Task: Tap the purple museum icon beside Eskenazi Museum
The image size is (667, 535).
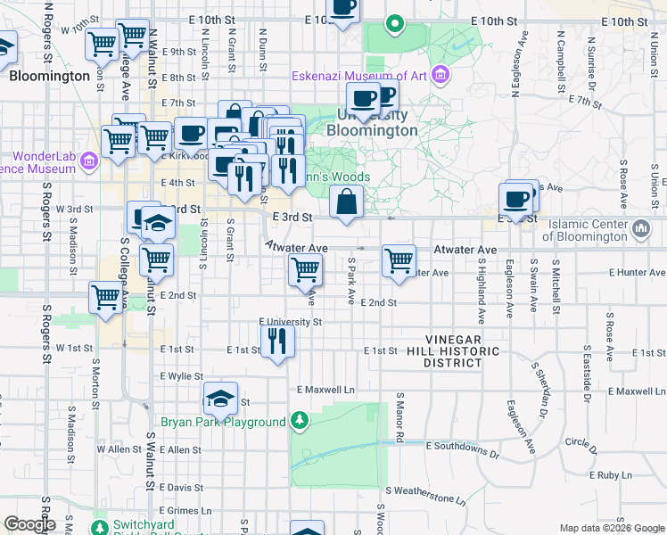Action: click(440, 75)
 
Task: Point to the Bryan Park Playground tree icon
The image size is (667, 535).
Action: click(301, 421)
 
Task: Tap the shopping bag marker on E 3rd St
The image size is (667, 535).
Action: click(346, 202)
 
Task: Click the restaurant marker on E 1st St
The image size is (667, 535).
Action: click(276, 340)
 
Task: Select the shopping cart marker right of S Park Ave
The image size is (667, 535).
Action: click(399, 260)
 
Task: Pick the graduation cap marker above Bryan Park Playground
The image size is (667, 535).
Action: click(219, 399)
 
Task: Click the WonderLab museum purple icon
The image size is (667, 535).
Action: click(88, 161)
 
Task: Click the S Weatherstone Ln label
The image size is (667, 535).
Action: click(425, 490)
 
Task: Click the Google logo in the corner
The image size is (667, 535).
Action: click(29, 524)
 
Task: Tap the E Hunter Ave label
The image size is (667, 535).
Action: click(637, 272)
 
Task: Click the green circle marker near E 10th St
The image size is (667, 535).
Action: click(393, 23)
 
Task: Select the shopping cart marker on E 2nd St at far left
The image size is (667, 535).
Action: click(105, 295)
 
